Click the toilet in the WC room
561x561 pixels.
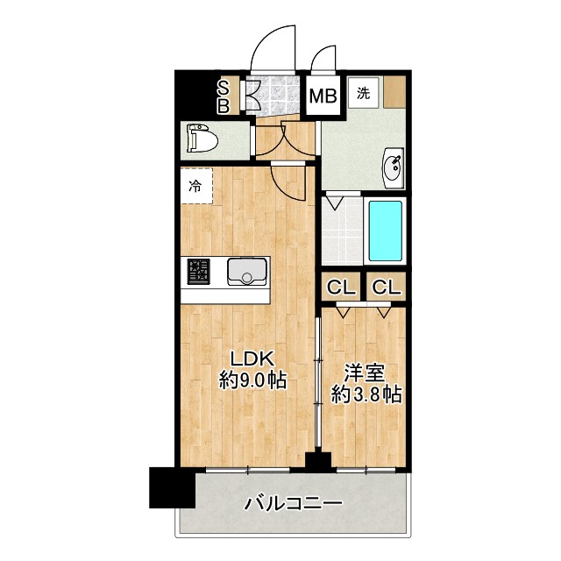(x=203, y=139)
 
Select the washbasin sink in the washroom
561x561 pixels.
(x=394, y=167)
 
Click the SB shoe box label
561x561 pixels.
(x=224, y=96)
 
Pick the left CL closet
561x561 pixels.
(x=341, y=286)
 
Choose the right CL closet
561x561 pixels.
(x=387, y=286)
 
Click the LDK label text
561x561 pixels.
(x=252, y=359)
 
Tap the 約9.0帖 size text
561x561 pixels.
(x=252, y=381)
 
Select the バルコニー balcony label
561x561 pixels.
(x=292, y=504)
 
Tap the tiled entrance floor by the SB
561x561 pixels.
(x=276, y=96)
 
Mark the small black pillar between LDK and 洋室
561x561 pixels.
(x=317, y=460)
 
